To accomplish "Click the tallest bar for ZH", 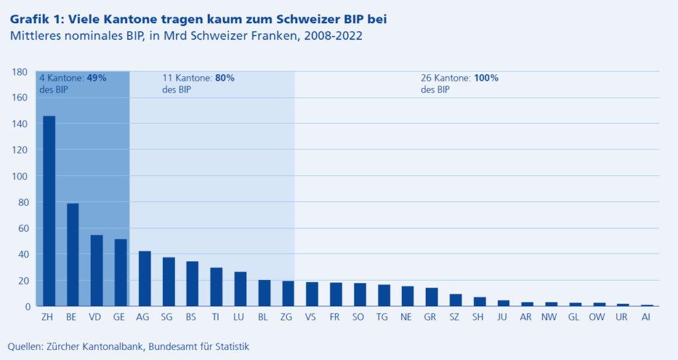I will pyautogui.click(x=49, y=211).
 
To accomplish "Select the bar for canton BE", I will pyautogui.click(x=73, y=255).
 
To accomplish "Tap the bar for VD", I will pyautogui.click(x=97, y=271).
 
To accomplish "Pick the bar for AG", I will pyautogui.click(x=144, y=279).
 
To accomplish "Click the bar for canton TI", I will pyautogui.click(x=216, y=287).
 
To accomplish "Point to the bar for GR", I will pyautogui.click(x=431, y=297).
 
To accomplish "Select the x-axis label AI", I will pyautogui.click(x=646, y=318).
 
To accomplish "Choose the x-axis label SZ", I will pyautogui.click(x=455, y=318).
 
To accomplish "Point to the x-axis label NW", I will pyautogui.click(x=550, y=318).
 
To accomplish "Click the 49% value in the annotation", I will pyautogui.click(x=97, y=77).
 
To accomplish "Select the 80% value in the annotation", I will pyautogui.click(x=224, y=77).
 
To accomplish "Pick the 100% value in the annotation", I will pyautogui.click(x=486, y=77).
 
